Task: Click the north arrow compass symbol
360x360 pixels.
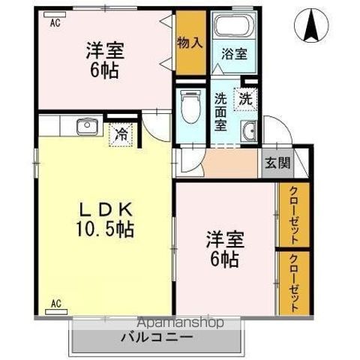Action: click(310, 25)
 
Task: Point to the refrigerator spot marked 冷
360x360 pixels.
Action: click(121, 136)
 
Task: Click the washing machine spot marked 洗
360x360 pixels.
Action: click(245, 97)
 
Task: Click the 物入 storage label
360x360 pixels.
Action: click(190, 43)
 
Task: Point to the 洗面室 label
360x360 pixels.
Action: click(221, 110)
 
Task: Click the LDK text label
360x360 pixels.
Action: click(103, 208)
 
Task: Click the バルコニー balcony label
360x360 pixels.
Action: click(157, 337)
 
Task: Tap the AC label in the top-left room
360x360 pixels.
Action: click(55, 23)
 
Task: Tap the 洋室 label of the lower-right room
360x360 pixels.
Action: click(223, 241)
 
